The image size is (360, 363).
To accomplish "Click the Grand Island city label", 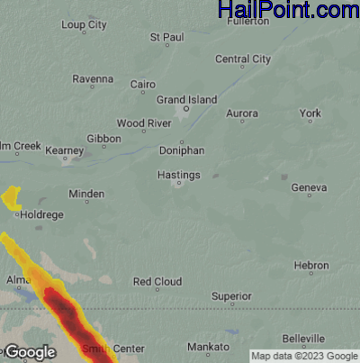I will click(x=186, y=98).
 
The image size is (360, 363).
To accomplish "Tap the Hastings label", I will click(x=178, y=174).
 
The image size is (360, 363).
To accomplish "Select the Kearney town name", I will click(x=64, y=150).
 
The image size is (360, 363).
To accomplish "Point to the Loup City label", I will click(x=85, y=25).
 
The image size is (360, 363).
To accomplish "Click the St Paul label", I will click(x=166, y=38).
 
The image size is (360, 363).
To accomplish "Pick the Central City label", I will click(x=243, y=59).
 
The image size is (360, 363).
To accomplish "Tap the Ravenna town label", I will click(x=93, y=78).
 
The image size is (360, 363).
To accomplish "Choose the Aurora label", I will click(x=241, y=113).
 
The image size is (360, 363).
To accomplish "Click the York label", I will click(x=310, y=113).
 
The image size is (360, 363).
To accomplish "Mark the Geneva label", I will click(x=308, y=187).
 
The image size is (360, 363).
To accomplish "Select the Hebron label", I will click(x=311, y=266).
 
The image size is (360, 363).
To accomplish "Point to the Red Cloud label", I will click(x=157, y=282).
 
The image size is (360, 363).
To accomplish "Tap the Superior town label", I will click(x=231, y=295).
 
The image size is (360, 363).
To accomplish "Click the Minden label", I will click(x=86, y=194).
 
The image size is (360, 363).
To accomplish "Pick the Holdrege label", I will click(x=41, y=214).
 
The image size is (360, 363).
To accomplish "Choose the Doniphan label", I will click(x=182, y=151).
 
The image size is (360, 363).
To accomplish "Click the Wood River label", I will click(x=143, y=123).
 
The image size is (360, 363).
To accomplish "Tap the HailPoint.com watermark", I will click(x=288, y=11).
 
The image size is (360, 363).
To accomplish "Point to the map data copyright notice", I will click(x=303, y=355).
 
